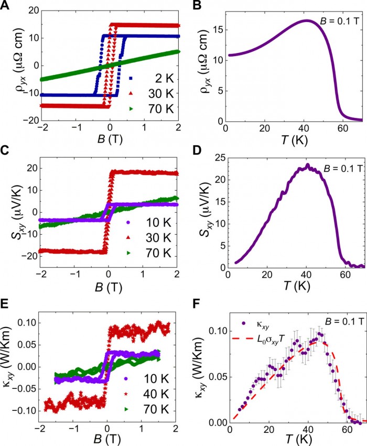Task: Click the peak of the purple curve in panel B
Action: coord(307,20)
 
